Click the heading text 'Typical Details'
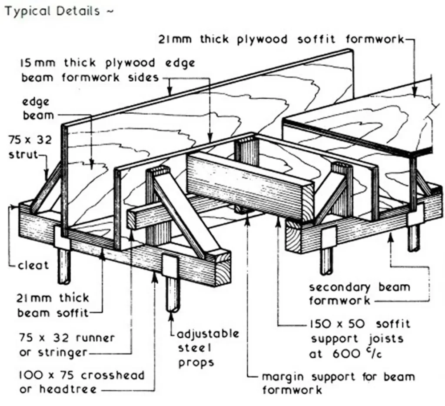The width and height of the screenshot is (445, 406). click(x=52, y=11)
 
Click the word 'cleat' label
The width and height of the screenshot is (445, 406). click(x=34, y=265)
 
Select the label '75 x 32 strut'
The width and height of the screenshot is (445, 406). click(x=30, y=147)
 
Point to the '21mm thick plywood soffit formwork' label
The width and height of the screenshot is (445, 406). click(x=280, y=40)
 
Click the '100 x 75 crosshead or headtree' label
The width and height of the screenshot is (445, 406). click(x=80, y=382)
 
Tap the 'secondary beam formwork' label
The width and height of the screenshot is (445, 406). click(x=359, y=293)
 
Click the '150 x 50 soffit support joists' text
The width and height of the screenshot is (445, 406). click(x=359, y=331)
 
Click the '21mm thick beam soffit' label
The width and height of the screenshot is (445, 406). click(x=53, y=305)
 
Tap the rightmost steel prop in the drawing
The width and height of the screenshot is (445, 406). click(x=414, y=237)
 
